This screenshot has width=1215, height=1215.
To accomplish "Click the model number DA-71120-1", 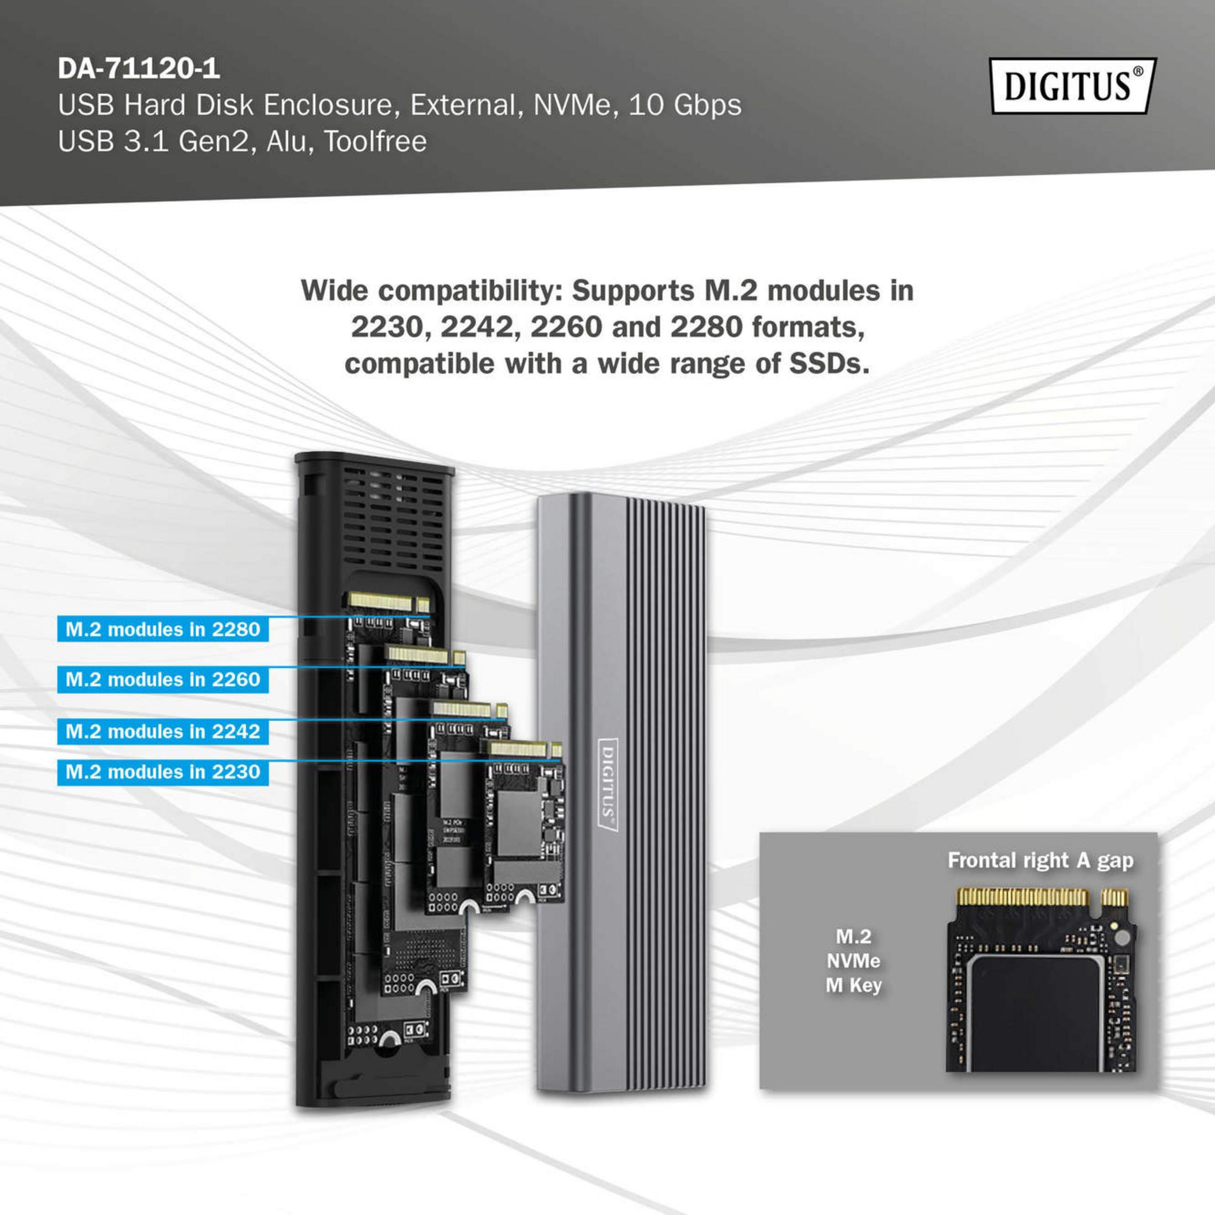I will point(139,68).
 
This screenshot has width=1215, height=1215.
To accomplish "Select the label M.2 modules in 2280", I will point(163,630).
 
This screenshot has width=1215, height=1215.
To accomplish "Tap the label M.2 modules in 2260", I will point(163,679).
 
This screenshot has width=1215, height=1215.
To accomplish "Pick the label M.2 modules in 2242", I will point(163,731).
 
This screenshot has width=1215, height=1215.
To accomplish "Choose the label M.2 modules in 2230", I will point(163,772).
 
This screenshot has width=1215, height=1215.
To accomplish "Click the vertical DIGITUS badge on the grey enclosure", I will point(607,785).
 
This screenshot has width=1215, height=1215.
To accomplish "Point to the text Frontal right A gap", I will point(1040,860).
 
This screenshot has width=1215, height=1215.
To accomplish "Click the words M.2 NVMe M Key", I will point(853,961).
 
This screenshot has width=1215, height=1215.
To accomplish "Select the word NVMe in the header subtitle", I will point(572,105).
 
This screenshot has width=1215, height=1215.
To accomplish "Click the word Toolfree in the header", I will point(376,141).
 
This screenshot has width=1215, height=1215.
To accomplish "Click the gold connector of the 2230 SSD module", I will point(517,749).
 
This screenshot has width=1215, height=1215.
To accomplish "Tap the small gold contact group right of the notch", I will point(1114,897).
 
